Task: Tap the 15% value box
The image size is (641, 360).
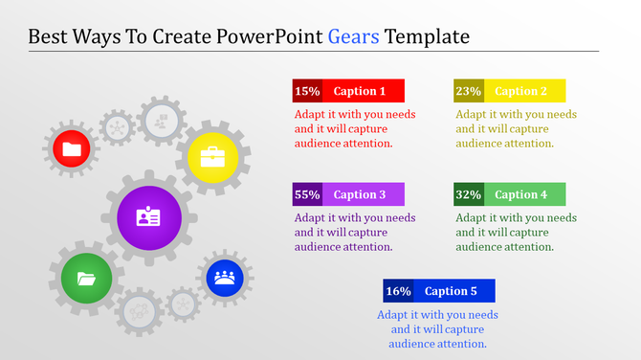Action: click(307, 91)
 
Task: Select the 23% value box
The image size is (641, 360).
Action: click(469, 91)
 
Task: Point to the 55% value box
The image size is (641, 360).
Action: click(307, 194)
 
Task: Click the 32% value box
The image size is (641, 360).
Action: click(469, 194)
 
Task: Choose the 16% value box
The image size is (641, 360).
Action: click(398, 291)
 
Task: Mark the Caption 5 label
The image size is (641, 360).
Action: click(452, 291)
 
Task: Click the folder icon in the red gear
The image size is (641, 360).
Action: click(72, 148)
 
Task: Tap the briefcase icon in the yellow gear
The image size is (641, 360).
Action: click(212, 155)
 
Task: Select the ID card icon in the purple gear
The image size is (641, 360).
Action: click(148, 217)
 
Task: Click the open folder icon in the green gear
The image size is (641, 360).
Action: click(86, 280)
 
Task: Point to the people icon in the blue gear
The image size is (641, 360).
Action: click(225, 278)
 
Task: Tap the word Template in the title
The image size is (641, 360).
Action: click(428, 37)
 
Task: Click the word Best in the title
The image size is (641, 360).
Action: click(50, 37)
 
